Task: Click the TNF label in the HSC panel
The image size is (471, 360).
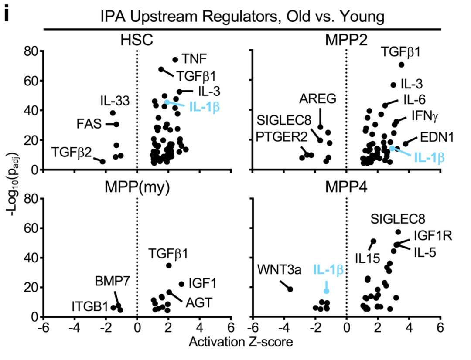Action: (194, 59)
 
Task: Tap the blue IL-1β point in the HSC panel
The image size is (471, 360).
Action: (167, 102)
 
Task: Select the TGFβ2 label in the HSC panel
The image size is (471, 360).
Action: (72, 152)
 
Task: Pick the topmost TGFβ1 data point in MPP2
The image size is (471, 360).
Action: (401, 65)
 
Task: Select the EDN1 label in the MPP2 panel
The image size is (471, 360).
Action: (437, 138)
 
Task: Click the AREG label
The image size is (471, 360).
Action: (318, 98)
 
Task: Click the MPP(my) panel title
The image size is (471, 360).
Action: (137, 187)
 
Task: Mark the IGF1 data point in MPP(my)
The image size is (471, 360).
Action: (182, 284)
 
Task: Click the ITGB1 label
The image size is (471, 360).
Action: (89, 307)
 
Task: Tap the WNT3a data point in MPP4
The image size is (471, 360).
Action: (290, 289)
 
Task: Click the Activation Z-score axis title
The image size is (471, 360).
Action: (241, 342)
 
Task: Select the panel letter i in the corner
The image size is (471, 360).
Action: (7, 15)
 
